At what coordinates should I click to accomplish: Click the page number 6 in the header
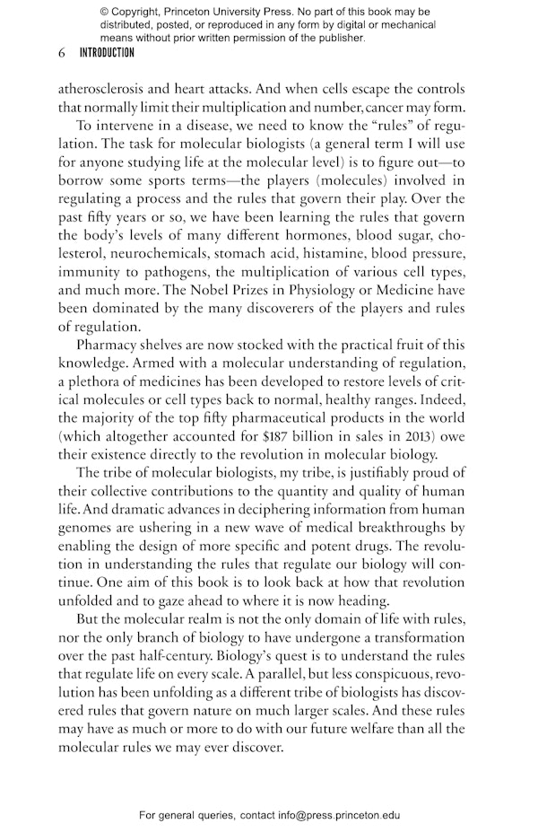pyautogui.click(x=61, y=53)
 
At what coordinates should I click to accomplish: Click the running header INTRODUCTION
pyautogui.click(x=107, y=53)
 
